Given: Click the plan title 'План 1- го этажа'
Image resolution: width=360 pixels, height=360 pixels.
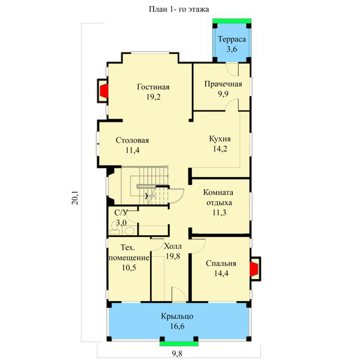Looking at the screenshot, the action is click(179, 9).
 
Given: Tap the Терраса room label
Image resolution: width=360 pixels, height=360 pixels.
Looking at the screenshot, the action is click(232, 39).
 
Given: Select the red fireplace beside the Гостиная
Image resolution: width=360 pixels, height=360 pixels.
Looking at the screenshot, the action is click(104, 91).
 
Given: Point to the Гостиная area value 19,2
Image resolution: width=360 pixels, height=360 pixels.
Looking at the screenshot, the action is click(154, 97).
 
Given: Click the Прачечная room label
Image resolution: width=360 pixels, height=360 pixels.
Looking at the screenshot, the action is click(223, 84).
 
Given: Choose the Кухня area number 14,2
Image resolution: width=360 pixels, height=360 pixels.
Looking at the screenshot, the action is click(220, 149).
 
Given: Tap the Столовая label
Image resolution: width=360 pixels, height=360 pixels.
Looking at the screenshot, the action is click(132, 140).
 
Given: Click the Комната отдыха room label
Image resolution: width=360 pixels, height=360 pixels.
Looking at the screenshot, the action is click(218, 197).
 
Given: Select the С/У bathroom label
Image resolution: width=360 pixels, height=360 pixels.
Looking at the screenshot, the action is click(121, 212).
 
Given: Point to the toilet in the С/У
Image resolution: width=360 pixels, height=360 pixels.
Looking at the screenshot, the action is click(115, 228).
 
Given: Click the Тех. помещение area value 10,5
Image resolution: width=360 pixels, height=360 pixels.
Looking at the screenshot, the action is click(129, 268).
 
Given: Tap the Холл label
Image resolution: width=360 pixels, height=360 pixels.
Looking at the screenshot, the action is click(173, 247).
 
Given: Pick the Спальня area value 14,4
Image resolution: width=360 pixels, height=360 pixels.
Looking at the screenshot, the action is click(221, 274).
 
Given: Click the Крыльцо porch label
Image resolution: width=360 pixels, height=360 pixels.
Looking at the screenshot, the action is click(177, 316).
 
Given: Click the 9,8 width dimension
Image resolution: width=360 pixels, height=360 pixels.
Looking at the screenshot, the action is click(177, 353).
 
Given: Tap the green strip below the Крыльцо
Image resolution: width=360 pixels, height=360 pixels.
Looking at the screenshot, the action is click(179, 344).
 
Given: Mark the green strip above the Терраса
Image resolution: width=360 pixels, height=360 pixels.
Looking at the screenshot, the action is click(232, 21).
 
